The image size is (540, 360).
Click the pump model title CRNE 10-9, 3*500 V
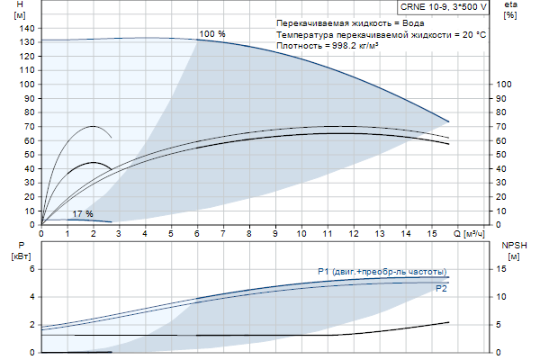tap(443, 6)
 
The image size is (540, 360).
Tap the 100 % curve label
tap(212, 33)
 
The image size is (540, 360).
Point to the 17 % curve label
tap(82, 213)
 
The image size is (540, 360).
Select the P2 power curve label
tap(441, 290)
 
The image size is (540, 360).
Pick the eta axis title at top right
tap(510, 6)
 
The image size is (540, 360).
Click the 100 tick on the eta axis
tap(505, 84)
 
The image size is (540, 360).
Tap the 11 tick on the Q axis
tap(328, 232)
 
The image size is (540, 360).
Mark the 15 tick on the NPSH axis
tap(503, 269)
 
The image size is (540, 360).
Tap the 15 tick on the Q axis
tap(431, 232)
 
